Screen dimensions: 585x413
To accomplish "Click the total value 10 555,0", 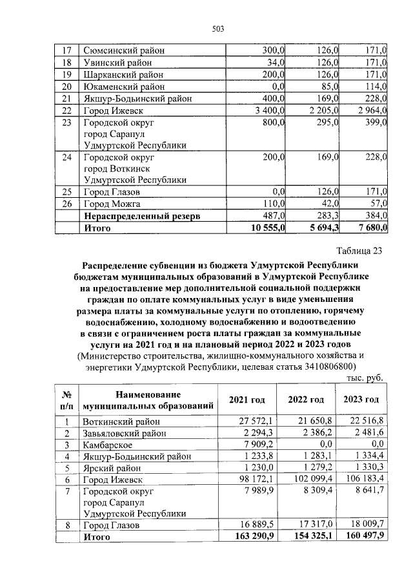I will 265,228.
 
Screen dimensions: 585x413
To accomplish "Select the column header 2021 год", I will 247,400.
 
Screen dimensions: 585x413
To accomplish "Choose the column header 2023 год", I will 361,400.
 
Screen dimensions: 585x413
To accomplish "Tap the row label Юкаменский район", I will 123,86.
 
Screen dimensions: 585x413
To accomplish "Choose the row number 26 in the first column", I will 65,204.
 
